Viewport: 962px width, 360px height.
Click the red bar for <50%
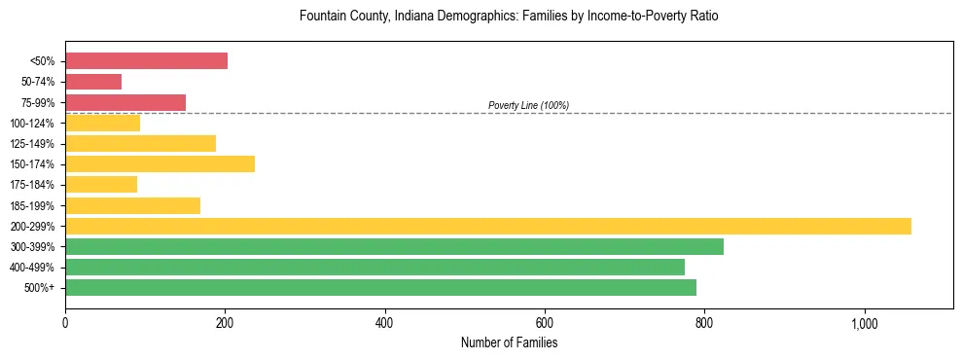coord(146,61)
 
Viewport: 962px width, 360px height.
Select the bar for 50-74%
coord(93,82)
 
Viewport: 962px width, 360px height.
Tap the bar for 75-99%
coord(125,102)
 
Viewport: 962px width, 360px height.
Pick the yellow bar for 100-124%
coord(102,123)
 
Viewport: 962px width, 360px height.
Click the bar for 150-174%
coord(160,164)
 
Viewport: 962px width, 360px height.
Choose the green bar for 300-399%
coord(394,246)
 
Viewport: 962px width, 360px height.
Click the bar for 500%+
coord(380,287)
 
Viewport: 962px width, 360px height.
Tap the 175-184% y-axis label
coord(32,185)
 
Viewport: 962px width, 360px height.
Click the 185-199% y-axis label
coord(32,205)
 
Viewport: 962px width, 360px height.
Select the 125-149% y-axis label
coord(32,144)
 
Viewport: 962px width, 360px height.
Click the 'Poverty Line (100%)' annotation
coord(528,105)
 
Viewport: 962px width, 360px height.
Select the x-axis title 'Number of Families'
coord(509,342)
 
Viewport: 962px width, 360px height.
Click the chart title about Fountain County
coord(509,17)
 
